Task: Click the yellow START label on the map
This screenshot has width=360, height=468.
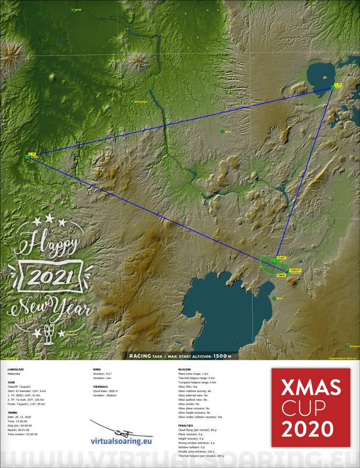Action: point(280,257)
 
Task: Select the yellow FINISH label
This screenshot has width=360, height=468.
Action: point(281,274)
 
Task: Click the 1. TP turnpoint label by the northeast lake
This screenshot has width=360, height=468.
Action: point(337,85)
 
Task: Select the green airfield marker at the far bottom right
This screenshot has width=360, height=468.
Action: point(348,345)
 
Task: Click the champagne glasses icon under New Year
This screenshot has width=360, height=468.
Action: point(50,333)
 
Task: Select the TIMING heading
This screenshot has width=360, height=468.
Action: point(12,412)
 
